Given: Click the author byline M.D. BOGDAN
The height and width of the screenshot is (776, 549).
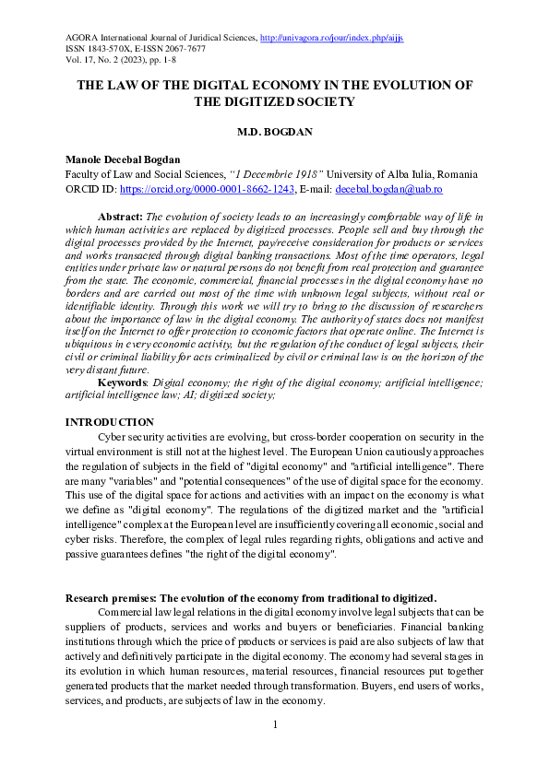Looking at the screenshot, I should tap(274, 132).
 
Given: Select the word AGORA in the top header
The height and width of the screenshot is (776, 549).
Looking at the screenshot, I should tap(81, 37).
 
